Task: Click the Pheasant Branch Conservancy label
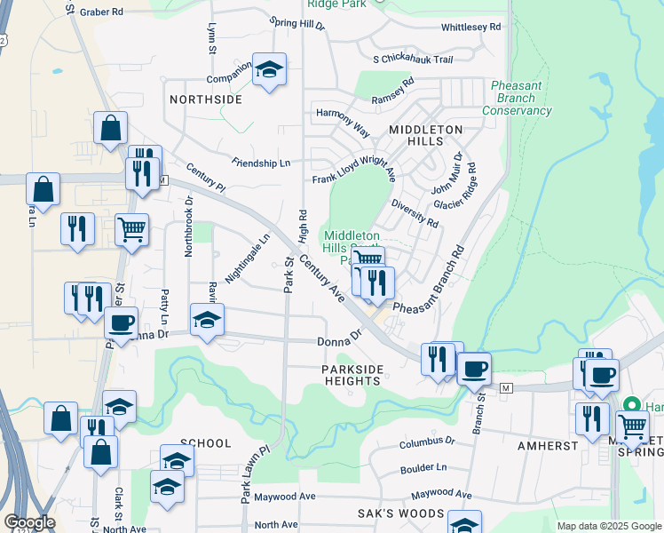[x=517, y=99]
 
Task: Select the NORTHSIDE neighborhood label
[x=206, y=99]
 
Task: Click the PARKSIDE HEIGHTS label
[x=352, y=374]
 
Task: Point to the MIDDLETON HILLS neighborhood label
[x=426, y=135]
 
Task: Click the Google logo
[x=29, y=522]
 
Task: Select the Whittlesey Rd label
[x=470, y=28]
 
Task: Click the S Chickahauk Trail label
[x=413, y=60]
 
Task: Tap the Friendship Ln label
[x=261, y=163]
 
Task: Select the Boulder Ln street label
[x=423, y=467]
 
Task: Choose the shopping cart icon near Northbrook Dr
[x=131, y=230]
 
